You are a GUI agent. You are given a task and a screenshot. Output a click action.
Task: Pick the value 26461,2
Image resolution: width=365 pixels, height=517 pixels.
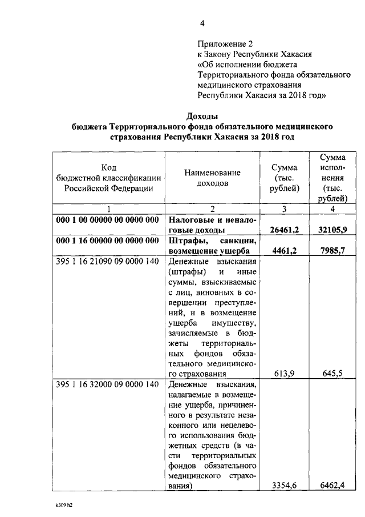point(284,230)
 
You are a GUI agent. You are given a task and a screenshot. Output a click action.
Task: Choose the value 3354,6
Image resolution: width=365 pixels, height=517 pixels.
point(286,486)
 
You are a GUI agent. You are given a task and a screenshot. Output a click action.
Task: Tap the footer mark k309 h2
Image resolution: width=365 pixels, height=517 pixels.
point(64,506)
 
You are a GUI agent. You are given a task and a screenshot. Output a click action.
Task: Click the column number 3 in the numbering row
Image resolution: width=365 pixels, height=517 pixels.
point(284,209)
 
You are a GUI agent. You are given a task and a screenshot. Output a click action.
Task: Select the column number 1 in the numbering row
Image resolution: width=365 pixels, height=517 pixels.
point(108,209)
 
